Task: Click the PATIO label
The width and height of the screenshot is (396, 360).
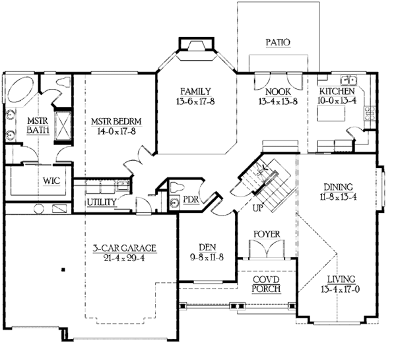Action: point(278,42)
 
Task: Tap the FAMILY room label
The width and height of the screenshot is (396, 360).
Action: point(196,91)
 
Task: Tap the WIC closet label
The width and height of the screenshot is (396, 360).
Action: point(34,180)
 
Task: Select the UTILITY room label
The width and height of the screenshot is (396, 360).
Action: point(102,202)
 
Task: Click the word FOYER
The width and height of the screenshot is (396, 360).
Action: point(267,233)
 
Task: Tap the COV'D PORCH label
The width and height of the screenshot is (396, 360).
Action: point(267,284)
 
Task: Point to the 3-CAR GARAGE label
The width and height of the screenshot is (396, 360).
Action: point(124,248)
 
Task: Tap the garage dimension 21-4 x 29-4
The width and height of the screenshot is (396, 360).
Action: point(124,258)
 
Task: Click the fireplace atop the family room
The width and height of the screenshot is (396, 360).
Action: point(196,45)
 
